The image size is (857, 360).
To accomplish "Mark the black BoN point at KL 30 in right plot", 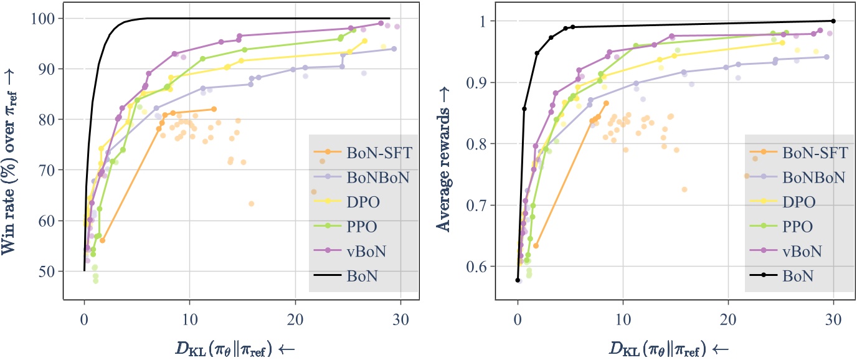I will click(x=833, y=21).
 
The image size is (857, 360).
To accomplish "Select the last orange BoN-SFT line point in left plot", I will click(x=214, y=109).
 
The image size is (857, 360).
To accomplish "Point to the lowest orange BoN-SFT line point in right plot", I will click(x=536, y=245).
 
